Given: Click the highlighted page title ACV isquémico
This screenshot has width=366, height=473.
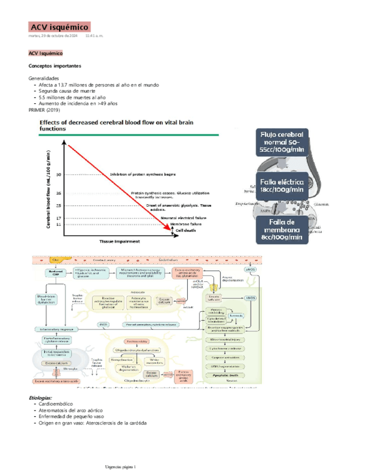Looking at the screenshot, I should click(59, 27).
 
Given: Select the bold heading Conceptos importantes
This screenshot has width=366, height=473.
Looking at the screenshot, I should click(55, 65).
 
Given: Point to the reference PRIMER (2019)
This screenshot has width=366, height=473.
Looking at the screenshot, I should click(44, 110).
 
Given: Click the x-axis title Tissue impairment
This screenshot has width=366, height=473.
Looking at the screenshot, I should click(120, 242).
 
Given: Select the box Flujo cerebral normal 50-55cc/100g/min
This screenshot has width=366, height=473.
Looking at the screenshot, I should click(282, 142).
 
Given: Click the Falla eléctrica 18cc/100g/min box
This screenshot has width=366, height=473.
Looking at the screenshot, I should click(282, 186).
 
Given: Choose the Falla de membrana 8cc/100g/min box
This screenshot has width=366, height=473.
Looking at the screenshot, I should click(282, 230).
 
